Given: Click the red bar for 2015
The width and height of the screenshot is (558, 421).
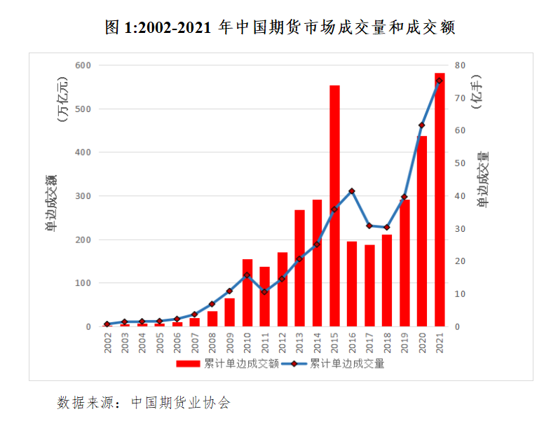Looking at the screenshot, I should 334,206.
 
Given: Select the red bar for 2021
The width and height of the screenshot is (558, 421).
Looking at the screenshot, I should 440,200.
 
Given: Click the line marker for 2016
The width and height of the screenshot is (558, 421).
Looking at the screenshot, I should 352,191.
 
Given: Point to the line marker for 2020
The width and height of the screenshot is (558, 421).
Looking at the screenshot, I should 422,125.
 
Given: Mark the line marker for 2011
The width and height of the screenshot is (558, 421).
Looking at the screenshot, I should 264,291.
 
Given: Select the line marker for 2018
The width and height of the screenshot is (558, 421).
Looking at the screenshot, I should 387,227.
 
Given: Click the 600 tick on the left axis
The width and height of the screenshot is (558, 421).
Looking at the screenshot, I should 83,65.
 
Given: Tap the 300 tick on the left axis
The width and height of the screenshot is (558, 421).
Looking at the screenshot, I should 83,196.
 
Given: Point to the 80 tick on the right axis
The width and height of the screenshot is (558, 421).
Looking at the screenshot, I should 460,65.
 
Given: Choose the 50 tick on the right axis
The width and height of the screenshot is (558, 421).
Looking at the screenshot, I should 460,163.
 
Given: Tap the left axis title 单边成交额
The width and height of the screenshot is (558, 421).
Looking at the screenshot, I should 52,203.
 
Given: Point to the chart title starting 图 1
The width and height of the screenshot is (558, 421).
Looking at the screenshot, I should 279,27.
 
